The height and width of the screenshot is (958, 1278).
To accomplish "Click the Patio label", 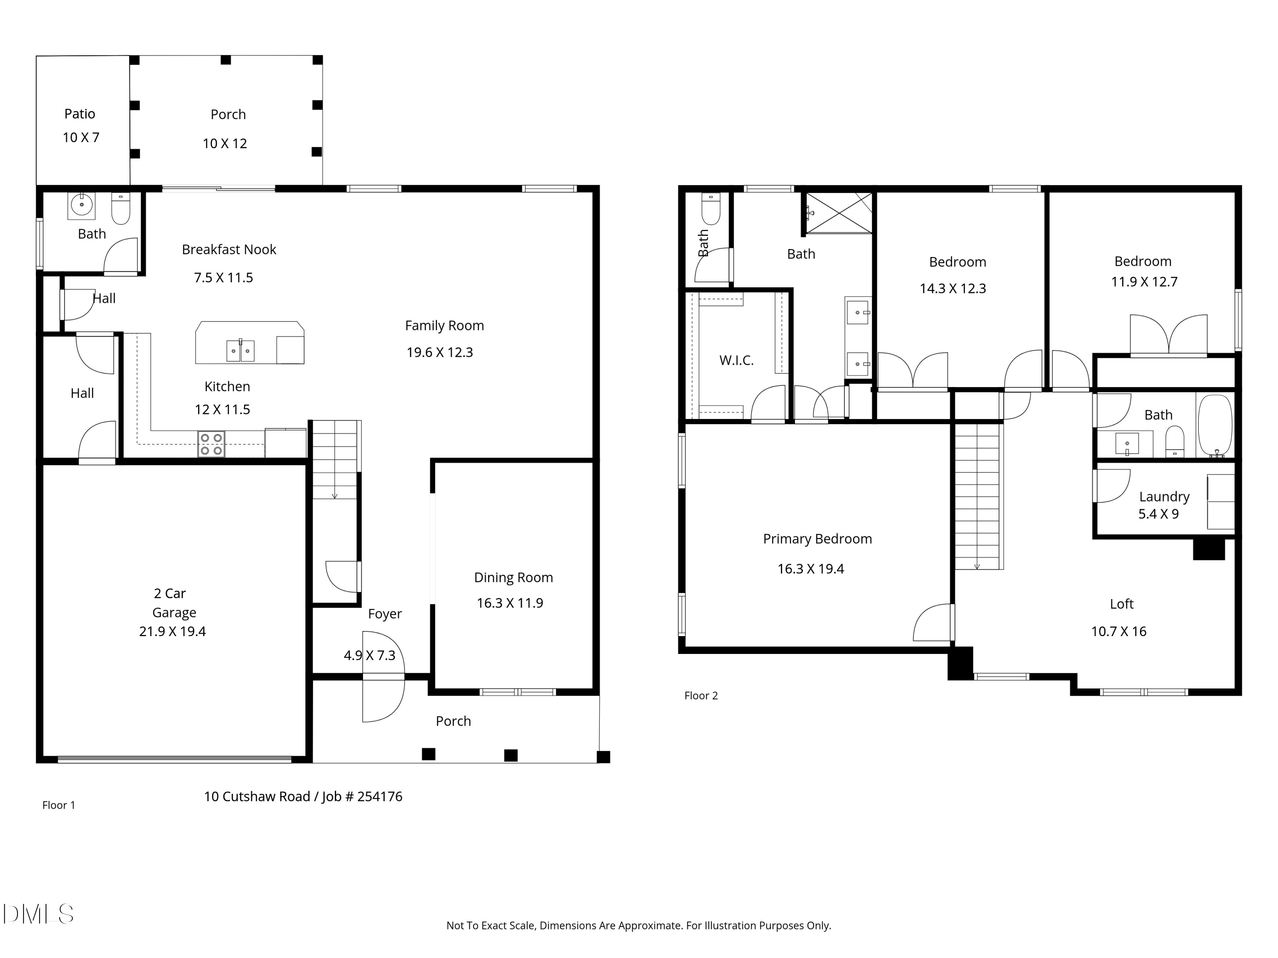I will click(x=80, y=114).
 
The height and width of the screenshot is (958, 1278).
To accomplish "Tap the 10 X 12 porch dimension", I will click(x=225, y=143).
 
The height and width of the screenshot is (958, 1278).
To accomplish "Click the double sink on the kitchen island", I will click(x=240, y=350).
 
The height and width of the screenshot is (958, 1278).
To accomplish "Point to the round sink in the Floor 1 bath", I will click(x=81, y=205).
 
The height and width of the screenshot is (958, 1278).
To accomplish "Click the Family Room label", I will click(x=444, y=326).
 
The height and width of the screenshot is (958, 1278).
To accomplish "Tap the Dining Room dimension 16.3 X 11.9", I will click(x=509, y=603).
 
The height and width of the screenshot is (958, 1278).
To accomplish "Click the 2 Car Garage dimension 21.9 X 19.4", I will click(x=172, y=631).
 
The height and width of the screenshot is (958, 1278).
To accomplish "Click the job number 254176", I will click(x=380, y=796).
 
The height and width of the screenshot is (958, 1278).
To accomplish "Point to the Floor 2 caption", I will click(x=701, y=695).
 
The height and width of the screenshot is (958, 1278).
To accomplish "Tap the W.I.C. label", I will click(x=736, y=360).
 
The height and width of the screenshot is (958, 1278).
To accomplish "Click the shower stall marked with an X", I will click(x=839, y=213).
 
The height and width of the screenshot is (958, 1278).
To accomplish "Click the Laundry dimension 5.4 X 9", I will click(x=1158, y=514).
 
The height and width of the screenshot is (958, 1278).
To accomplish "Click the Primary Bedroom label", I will click(x=817, y=539).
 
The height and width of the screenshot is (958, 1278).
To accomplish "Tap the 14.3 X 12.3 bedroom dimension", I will click(x=953, y=288).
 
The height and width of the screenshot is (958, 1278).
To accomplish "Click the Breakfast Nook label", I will click(x=229, y=250).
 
